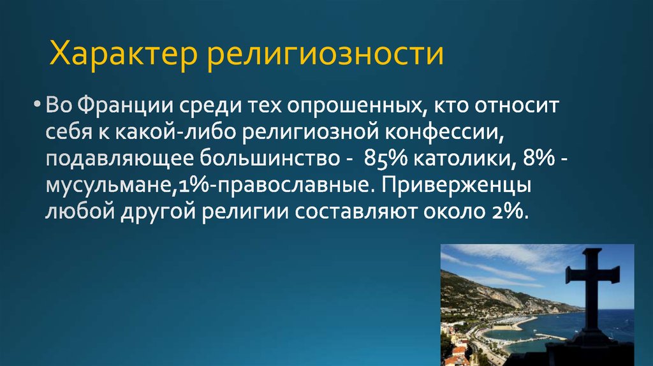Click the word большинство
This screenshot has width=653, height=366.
tap(265, 159)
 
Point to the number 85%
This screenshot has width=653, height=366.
tap(388, 159)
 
